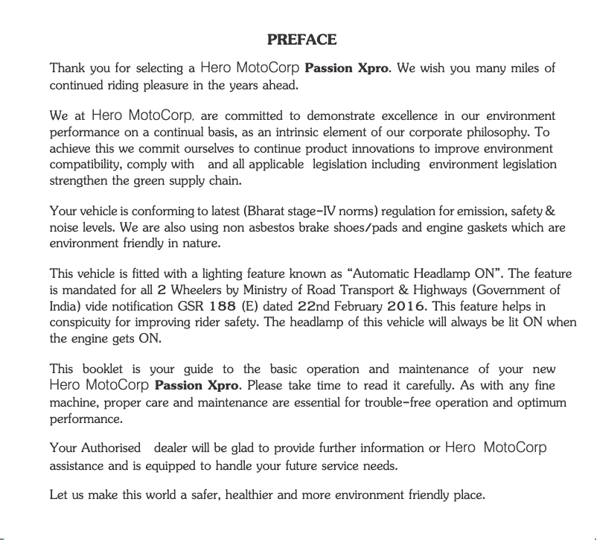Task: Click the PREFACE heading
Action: pos(301,39)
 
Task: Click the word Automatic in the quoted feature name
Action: pos(389,274)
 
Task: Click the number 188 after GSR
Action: pos(223,306)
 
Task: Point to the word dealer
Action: pos(171,448)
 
